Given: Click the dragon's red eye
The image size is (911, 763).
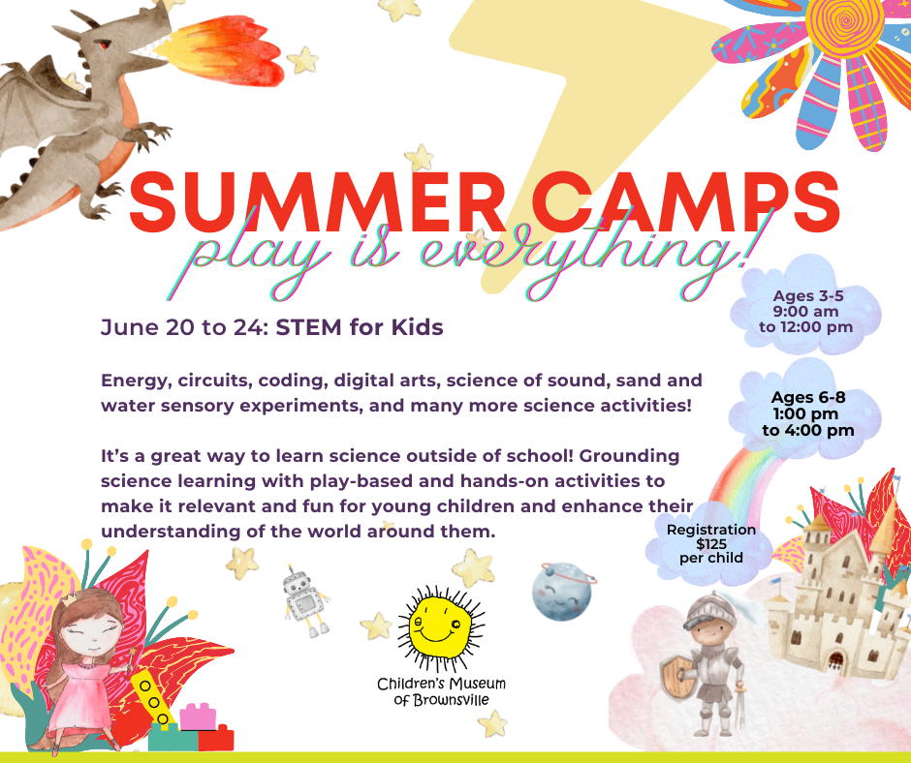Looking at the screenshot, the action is coord(104,45).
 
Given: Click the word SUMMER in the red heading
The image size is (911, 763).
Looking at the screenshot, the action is coord(317,201).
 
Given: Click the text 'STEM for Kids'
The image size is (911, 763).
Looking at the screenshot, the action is coord(359,327).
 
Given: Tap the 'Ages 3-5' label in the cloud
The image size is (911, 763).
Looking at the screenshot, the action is coord(807,295).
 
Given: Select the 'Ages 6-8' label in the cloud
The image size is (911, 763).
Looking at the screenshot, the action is coord(807,397).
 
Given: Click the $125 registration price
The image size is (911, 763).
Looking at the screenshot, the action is coord(711,543).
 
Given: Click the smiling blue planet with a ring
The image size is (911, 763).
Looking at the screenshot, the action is coord(562,591).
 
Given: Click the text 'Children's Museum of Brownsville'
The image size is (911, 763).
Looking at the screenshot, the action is coord(442,691).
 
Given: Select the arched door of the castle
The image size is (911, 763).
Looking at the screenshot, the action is coord(835,660).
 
